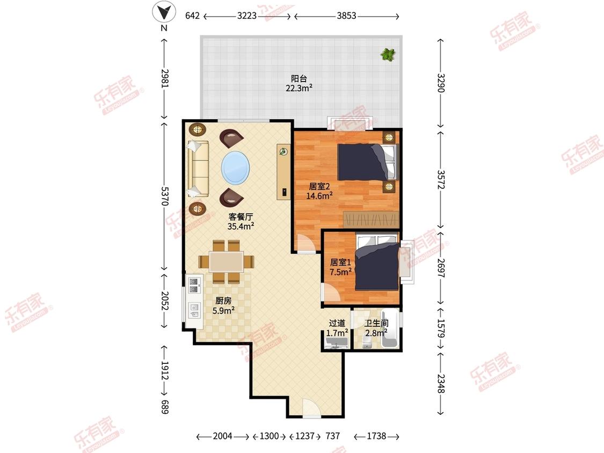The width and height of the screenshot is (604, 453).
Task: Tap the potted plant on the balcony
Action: coord(388,55)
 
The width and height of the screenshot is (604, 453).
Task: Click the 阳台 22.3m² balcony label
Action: coord(299,83)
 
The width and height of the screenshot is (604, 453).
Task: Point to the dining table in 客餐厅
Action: coord(226,262)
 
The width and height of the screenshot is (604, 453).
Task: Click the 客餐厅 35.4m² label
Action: coord(241,222)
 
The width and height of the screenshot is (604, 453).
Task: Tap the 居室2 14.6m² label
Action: coord(319,191)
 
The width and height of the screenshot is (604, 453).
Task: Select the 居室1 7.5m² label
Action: coord(340,267)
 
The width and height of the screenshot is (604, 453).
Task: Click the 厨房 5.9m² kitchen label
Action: coord(223,305)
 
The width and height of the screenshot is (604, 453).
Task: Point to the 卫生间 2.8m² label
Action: coord(376,328)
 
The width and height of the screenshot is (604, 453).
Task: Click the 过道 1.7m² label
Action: coord(337,328)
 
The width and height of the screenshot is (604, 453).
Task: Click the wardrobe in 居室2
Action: coord(371,220)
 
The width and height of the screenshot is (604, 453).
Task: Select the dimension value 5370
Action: coord(164,196)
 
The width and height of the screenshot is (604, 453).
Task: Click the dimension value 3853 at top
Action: coord(346,16)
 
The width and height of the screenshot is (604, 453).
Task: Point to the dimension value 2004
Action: coord(223,436)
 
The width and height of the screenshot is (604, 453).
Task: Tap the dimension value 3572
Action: coord(441,180)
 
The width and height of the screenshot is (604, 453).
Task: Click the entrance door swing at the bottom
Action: coord(311,408)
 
